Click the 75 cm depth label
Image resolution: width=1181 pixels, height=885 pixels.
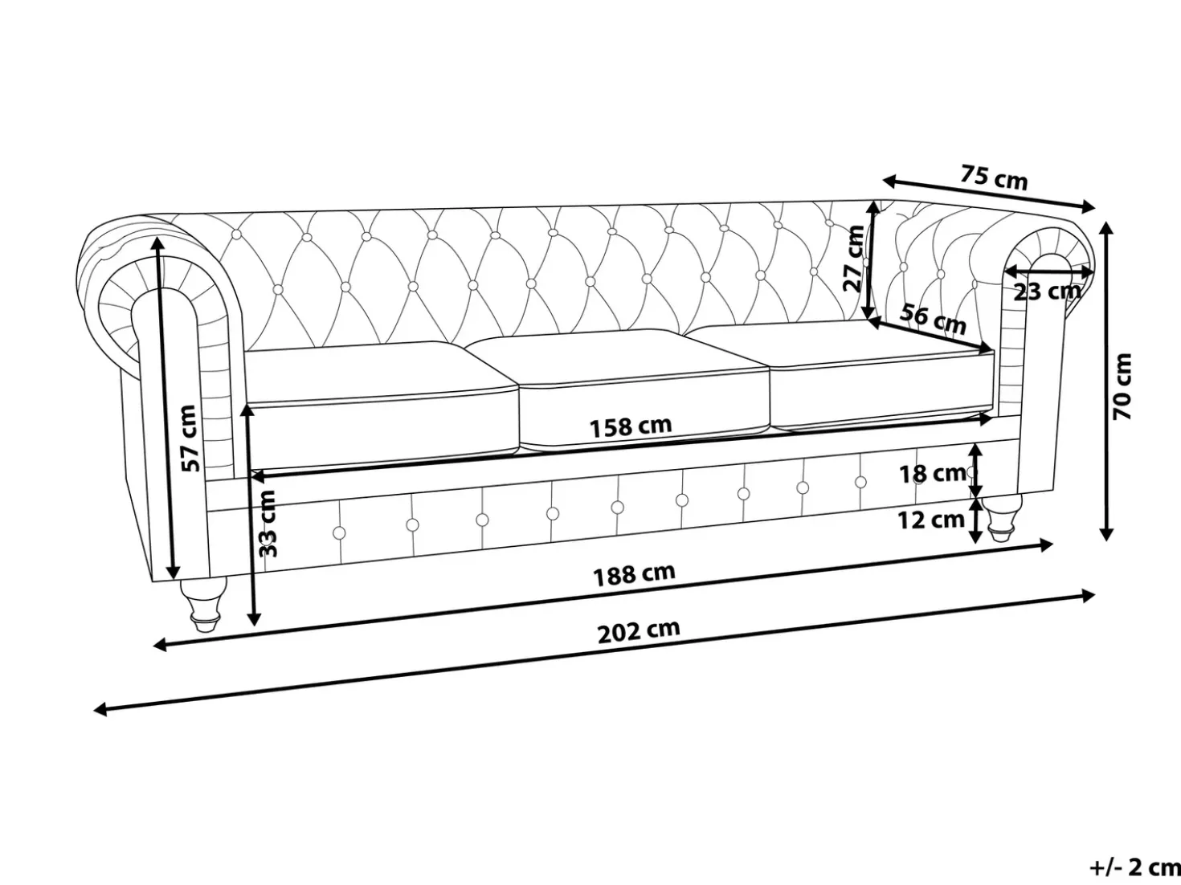[994, 177]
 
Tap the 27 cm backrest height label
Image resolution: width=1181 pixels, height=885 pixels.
[854, 259]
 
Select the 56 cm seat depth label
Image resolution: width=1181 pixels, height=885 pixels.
[933, 319]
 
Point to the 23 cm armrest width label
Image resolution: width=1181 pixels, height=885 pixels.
[1047, 292]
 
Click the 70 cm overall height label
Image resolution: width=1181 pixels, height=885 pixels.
[1122, 386]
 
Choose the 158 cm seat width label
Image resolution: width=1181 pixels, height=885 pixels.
[631, 427]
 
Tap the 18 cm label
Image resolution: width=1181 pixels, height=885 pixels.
[933, 474]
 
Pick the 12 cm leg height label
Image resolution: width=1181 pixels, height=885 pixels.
[931, 520]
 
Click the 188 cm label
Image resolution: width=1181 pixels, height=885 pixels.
[634, 575]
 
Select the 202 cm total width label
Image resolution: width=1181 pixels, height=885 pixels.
[639, 631]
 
